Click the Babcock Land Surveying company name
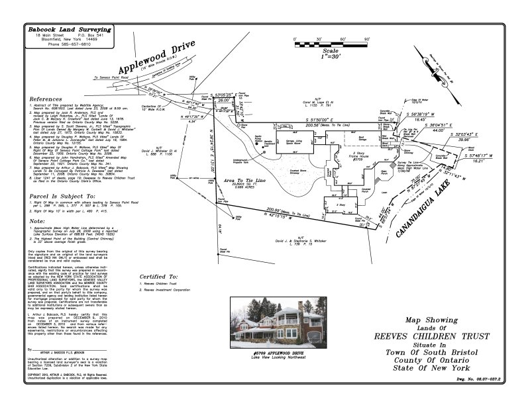tap(69, 29)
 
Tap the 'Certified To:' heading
tap(160, 276)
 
